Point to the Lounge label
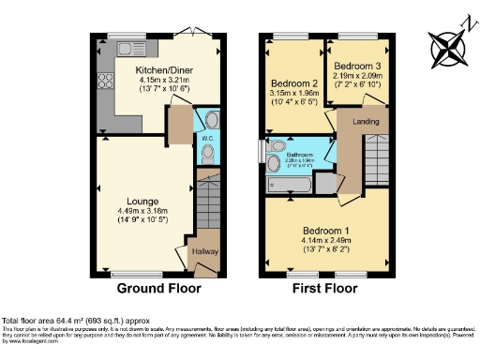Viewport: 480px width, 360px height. coord(143,201)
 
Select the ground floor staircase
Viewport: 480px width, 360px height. coord(208,202)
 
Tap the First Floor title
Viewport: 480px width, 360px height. coord(325,288)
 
